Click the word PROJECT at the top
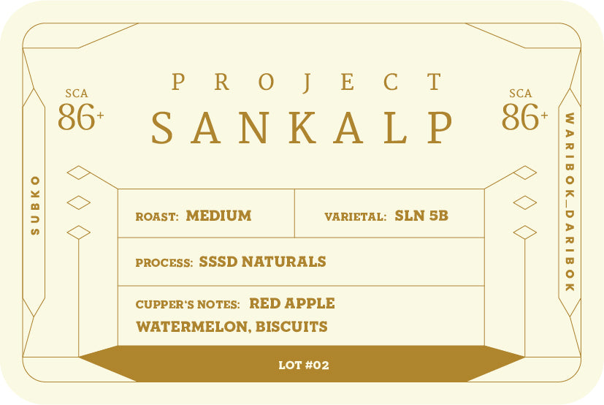[x=306, y=82]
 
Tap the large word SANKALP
[x=302, y=128]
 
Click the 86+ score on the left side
[x=81, y=116]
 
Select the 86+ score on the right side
[x=524, y=116]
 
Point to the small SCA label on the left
[x=77, y=94]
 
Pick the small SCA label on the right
[x=521, y=94]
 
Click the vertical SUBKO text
[x=35, y=205]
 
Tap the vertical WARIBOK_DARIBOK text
[x=570, y=202]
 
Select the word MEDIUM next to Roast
[x=219, y=216]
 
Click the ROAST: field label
[x=157, y=217]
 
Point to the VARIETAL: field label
[x=355, y=217]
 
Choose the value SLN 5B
[x=421, y=216]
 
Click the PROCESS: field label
[x=164, y=262]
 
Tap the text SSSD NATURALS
[x=262, y=262]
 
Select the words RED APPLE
[x=292, y=303]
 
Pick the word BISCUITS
[x=291, y=327]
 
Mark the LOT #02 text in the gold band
[x=304, y=365]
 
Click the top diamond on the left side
[x=79, y=173]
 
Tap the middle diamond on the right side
[x=524, y=202]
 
